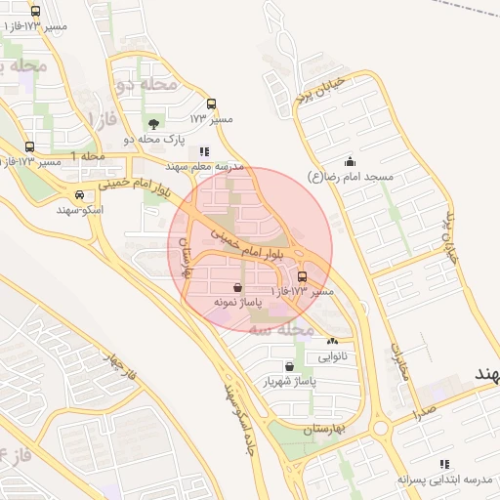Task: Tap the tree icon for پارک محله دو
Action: pos(153,123)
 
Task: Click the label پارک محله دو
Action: pos(154,139)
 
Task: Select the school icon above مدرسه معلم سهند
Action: pos(204,151)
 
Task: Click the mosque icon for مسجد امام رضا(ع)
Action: pos(350,161)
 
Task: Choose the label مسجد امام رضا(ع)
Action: pos(350,177)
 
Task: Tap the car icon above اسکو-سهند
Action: pos(79,194)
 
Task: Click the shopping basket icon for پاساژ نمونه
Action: pos(239,288)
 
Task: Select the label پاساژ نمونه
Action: pos(239,304)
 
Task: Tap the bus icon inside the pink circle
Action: pos(301,276)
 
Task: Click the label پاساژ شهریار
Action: pos(287,381)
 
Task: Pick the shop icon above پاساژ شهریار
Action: pos(287,365)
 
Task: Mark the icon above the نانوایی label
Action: pos(333,342)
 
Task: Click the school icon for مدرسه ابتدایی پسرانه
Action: pos(444,464)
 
